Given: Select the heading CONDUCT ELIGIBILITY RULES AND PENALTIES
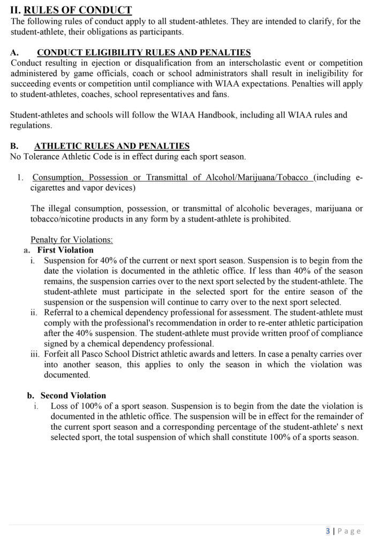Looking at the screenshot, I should point(144,52).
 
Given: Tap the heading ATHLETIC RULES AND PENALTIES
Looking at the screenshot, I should point(111,146).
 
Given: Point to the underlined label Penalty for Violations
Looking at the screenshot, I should point(72,239).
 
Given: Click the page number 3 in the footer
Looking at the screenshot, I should point(328,531).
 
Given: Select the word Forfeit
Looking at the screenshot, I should point(58,354).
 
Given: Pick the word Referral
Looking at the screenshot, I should point(60,313).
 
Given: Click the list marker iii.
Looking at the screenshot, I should point(36,354).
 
